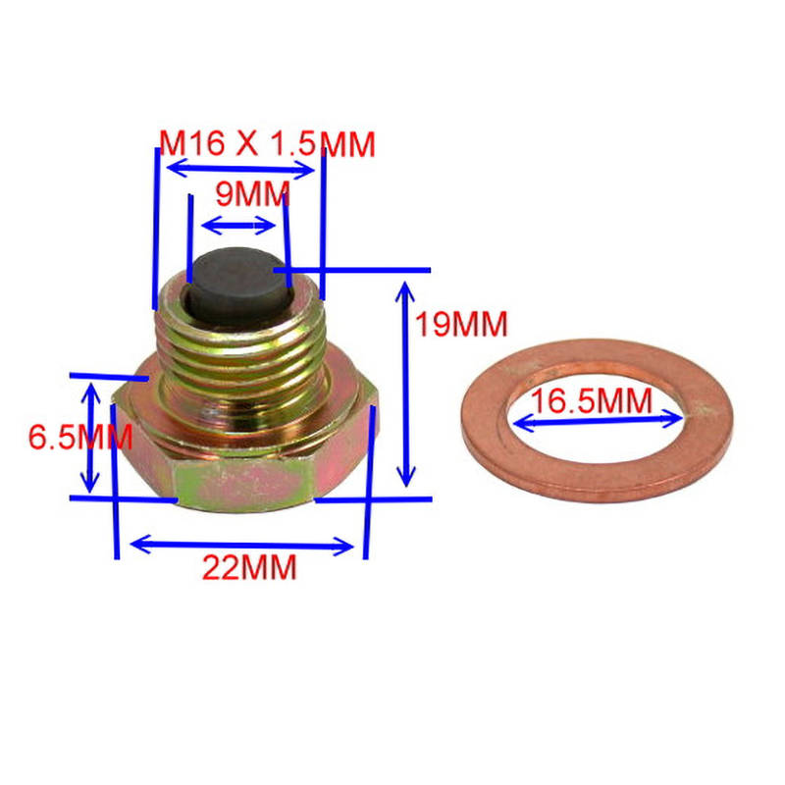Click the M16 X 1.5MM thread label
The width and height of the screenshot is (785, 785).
tap(267, 143)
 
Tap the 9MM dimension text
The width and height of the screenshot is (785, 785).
tap(252, 193)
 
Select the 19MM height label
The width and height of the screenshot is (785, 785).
tap(461, 324)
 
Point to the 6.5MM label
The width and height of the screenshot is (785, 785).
tap(80, 437)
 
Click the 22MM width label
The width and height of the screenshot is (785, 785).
tap(249, 567)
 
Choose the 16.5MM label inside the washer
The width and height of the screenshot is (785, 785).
tap(592, 400)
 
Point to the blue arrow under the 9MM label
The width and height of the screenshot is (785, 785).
tap(238, 226)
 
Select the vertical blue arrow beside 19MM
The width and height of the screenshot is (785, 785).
tap(405, 384)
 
